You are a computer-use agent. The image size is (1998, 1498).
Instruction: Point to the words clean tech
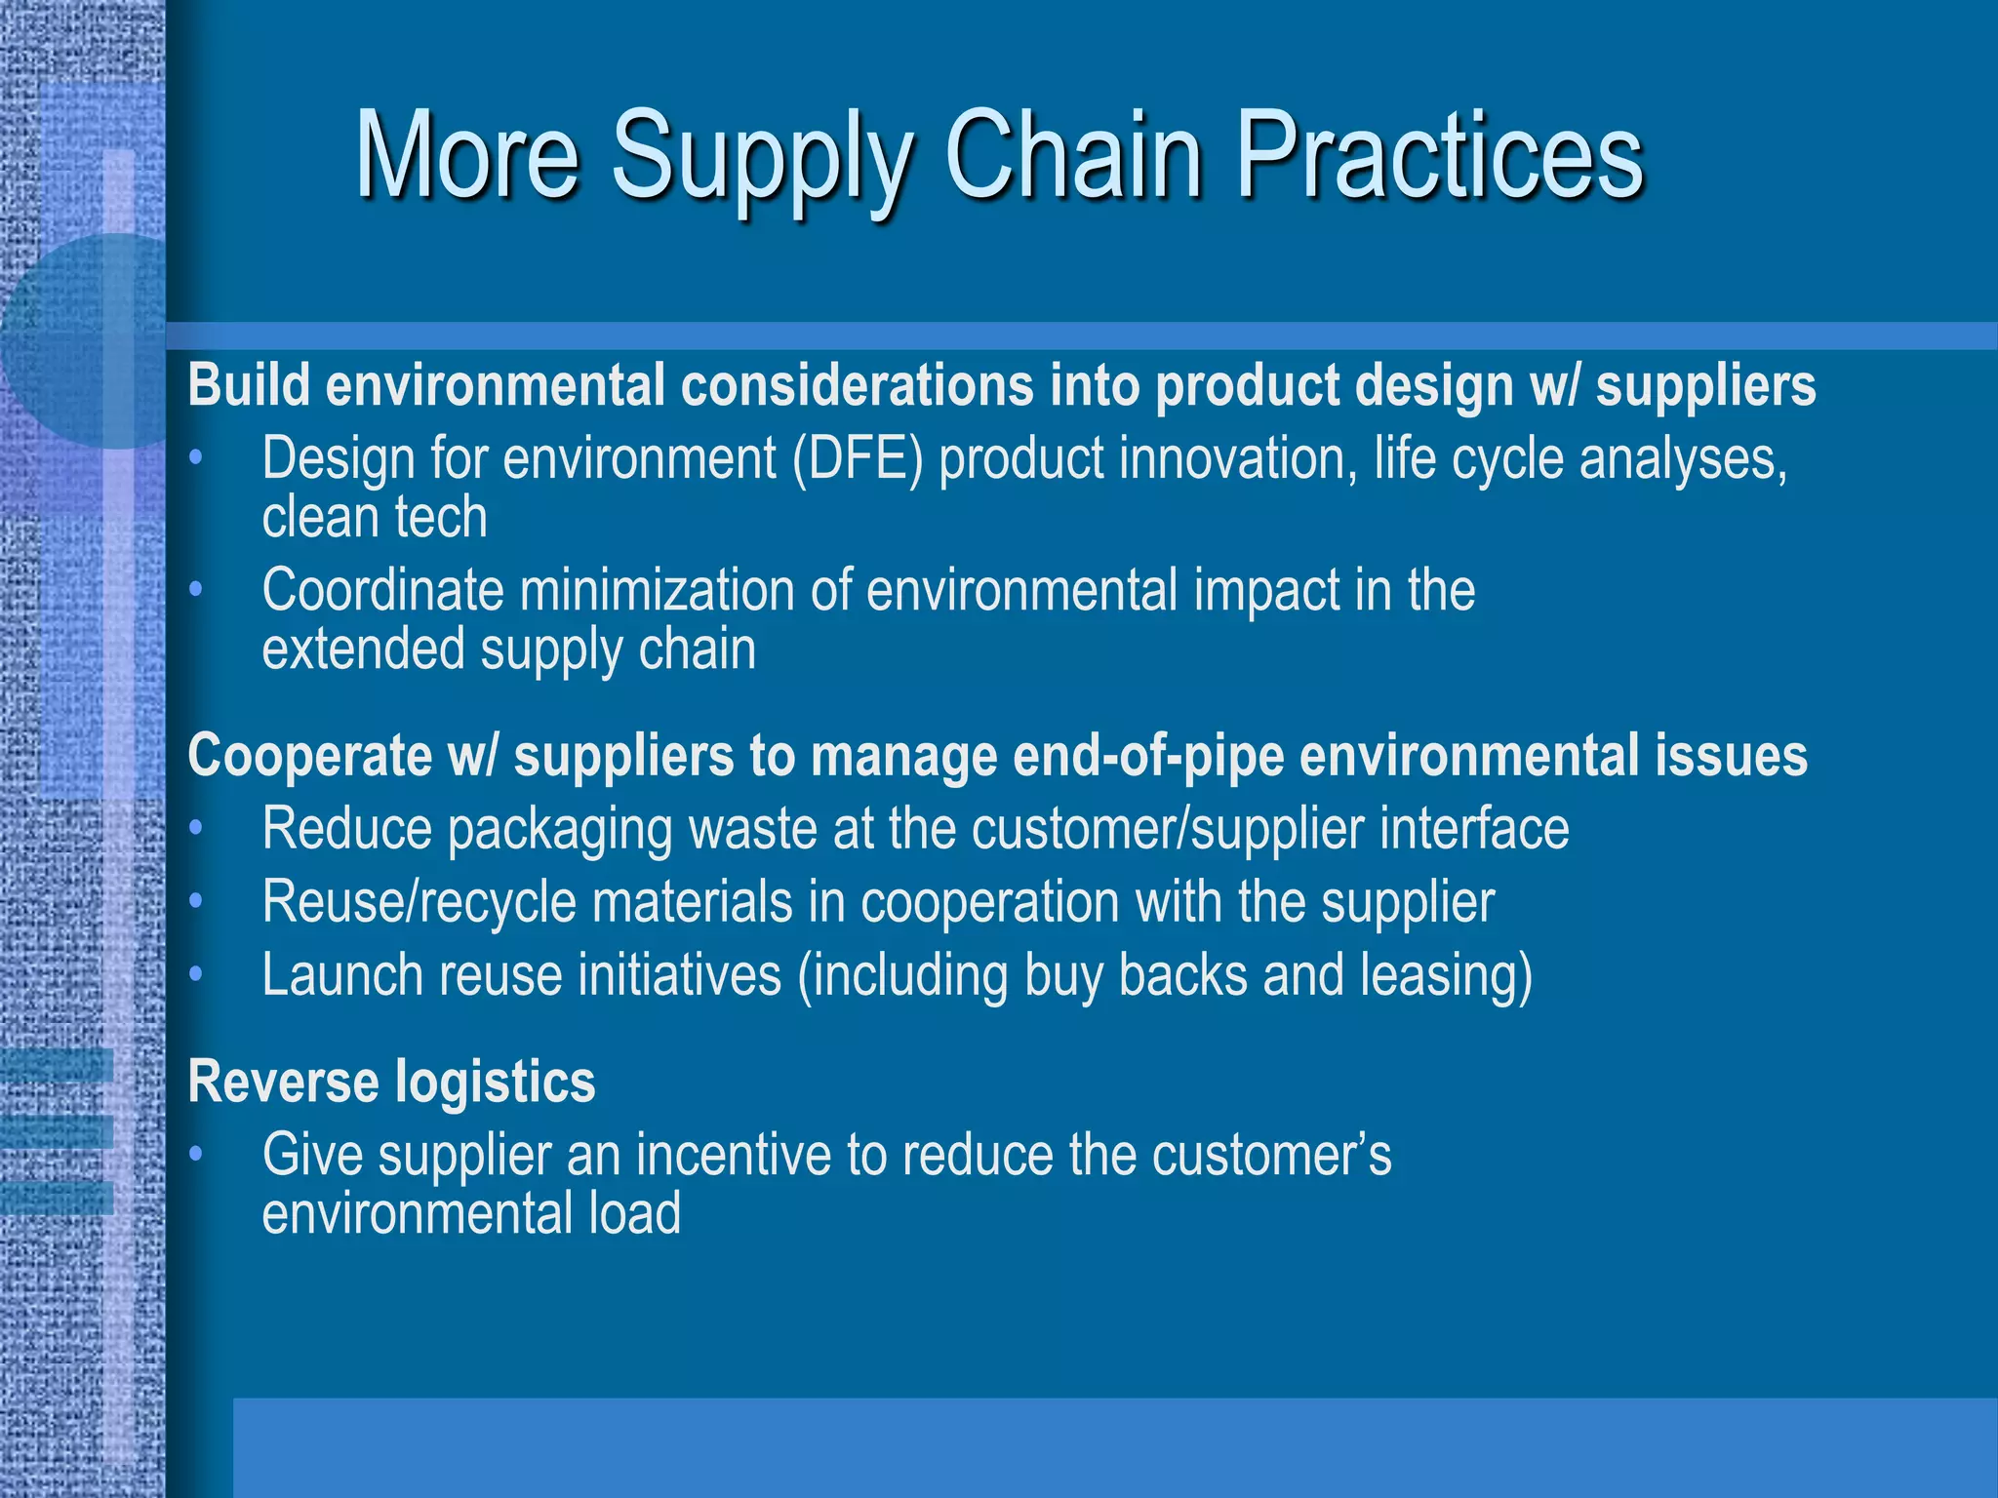point(375,517)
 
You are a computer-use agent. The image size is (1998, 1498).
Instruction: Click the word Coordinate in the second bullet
point(382,591)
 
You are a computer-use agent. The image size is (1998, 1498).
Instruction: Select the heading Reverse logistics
point(390,1082)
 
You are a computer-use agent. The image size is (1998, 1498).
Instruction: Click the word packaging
point(560,830)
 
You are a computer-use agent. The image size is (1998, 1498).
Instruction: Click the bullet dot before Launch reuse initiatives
point(196,974)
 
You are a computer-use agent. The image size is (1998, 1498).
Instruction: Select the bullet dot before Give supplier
point(196,1155)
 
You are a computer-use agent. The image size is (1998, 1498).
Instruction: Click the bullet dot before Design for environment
point(196,457)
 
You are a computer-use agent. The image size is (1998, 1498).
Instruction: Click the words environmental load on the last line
point(470,1214)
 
